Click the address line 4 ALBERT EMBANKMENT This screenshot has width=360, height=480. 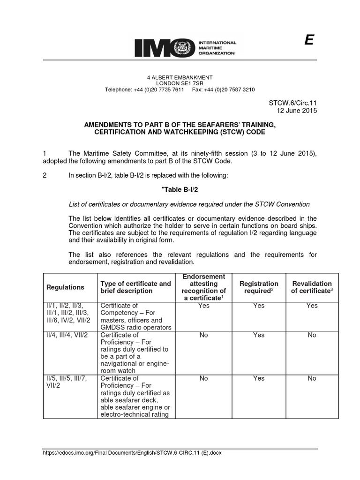click(x=180, y=77)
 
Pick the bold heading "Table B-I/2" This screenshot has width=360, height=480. click(x=180, y=189)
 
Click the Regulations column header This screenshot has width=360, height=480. click(x=65, y=287)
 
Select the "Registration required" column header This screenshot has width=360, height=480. click(x=259, y=287)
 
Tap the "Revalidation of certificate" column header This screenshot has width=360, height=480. click(x=312, y=287)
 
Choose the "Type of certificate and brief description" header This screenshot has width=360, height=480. click(x=135, y=287)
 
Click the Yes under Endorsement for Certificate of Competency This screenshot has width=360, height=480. click(x=203, y=306)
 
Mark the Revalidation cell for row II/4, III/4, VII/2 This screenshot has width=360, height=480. click(x=312, y=335)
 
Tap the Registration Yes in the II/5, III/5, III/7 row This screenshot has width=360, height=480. click(x=259, y=378)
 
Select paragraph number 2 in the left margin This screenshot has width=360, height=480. click(x=45, y=176)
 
